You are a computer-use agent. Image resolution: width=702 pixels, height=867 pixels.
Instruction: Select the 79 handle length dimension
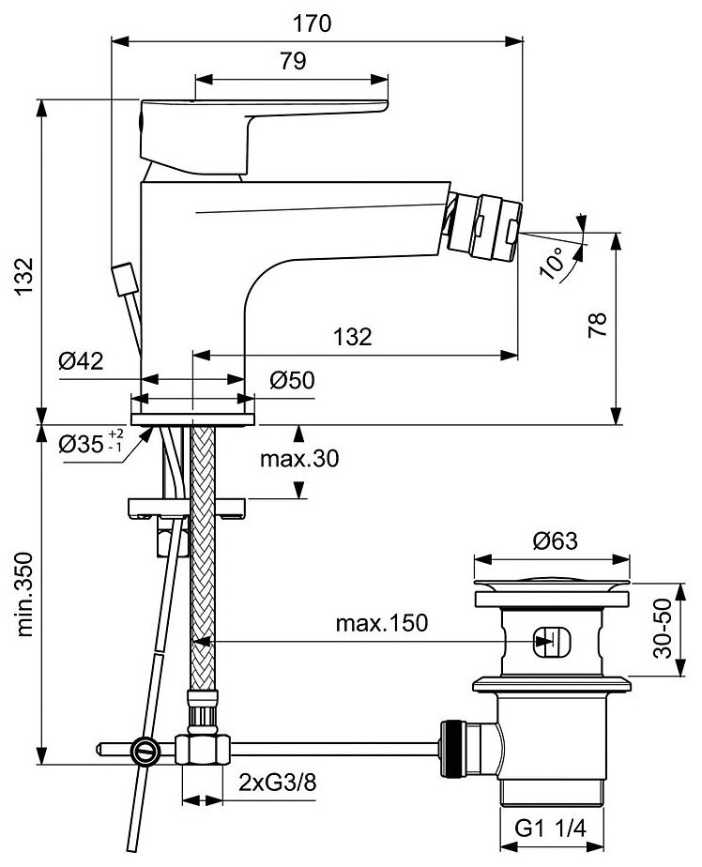point(293,62)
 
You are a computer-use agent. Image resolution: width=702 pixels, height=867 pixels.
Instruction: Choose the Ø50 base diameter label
point(292,380)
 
